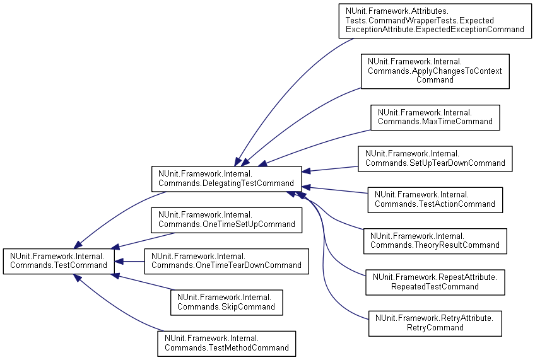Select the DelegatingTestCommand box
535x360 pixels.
(226, 178)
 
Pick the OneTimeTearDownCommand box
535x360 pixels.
(226, 261)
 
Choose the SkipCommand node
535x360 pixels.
(226, 302)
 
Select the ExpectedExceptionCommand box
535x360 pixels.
(435, 20)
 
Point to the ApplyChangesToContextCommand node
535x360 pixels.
(435, 71)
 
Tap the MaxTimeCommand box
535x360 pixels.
(435, 117)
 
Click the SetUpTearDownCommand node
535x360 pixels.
(435, 158)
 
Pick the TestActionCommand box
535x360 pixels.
(435, 199)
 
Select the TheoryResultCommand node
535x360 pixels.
(435, 241)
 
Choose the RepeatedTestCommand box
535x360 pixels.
(435, 282)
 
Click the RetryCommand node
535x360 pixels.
(435, 323)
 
